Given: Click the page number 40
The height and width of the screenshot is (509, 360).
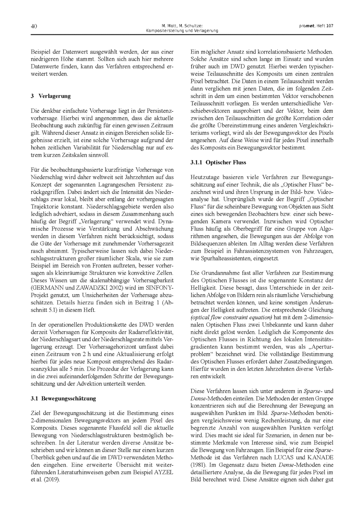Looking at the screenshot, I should point(35,26).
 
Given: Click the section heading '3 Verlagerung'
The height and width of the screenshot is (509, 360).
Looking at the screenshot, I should point(51,96).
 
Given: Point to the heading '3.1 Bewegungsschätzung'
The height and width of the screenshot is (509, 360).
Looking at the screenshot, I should point(63,398).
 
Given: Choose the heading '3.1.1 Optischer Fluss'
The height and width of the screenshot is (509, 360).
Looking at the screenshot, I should point(218,162).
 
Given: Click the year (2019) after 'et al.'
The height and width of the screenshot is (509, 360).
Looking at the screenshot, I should point(52,479).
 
